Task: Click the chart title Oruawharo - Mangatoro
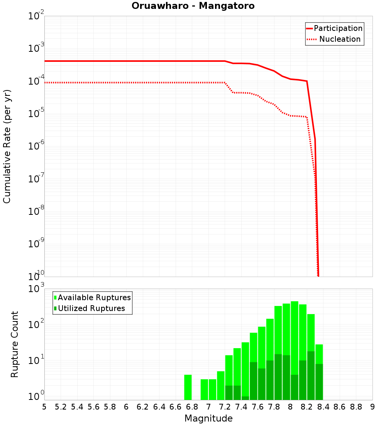(193, 6)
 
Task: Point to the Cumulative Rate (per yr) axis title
(7, 146)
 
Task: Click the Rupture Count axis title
(15, 344)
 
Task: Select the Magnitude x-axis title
(208, 418)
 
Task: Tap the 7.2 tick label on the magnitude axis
(225, 407)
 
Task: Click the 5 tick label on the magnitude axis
(44, 407)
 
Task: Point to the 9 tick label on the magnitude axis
(372, 407)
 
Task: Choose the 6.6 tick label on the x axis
(176, 407)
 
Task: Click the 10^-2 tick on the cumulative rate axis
(36, 16)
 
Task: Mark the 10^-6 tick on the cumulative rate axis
(36, 146)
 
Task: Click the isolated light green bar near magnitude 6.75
(188, 387)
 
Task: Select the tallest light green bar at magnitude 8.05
(295, 336)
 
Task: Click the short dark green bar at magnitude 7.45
(245, 398)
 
